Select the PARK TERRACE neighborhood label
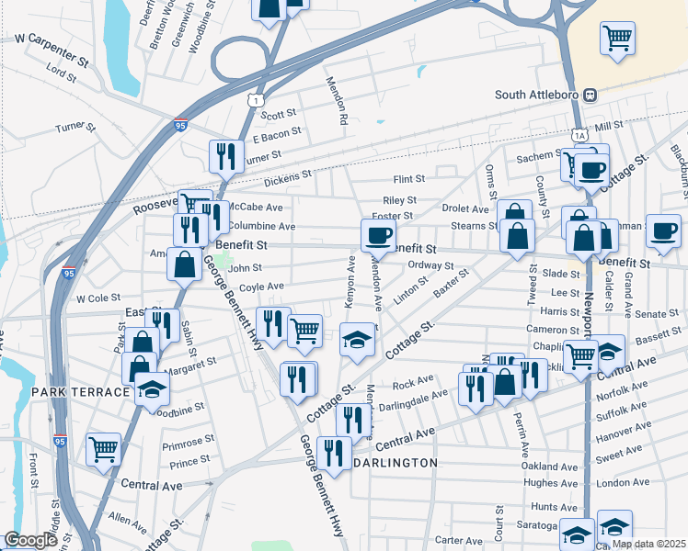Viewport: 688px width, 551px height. (x=80, y=392)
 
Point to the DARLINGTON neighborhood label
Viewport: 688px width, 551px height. (x=396, y=463)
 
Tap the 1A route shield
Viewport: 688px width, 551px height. (x=579, y=135)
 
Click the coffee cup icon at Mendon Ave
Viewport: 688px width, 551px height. (x=377, y=235)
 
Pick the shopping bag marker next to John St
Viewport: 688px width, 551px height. (x=184, y=264)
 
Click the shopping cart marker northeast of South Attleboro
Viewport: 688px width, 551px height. (x=617, y=39)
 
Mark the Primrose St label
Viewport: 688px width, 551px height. (x=188, y=443)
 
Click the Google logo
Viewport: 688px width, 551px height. (x=30, y=541)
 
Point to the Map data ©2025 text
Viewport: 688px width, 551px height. (x=648, y=544)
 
